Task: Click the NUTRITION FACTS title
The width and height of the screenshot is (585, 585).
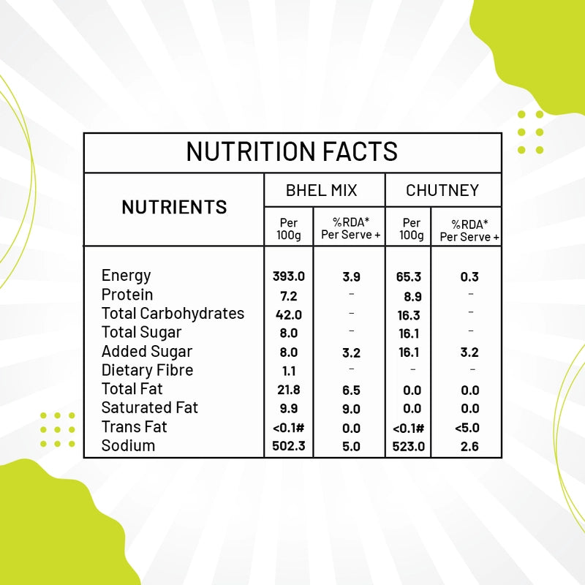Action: (292, 151)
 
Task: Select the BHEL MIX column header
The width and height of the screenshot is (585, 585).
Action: (322, 191)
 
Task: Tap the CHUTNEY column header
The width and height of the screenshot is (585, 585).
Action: (442, 191)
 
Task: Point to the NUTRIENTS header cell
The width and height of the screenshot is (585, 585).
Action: (174, 208)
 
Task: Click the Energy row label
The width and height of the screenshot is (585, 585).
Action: (127, 276)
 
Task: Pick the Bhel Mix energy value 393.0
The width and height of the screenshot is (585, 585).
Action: (288, 277)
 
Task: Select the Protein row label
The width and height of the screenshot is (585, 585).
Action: (127, 295)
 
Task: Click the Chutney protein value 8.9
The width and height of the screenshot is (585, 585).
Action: (412, 296)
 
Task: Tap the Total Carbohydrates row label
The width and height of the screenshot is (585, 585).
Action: (173, 314)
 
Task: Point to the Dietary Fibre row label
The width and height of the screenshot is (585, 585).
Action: (147, 370)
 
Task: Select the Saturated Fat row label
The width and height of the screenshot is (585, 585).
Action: (150, 408)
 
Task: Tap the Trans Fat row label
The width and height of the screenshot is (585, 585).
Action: (135, 427)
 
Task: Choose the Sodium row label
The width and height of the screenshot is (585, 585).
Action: (128, 445)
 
